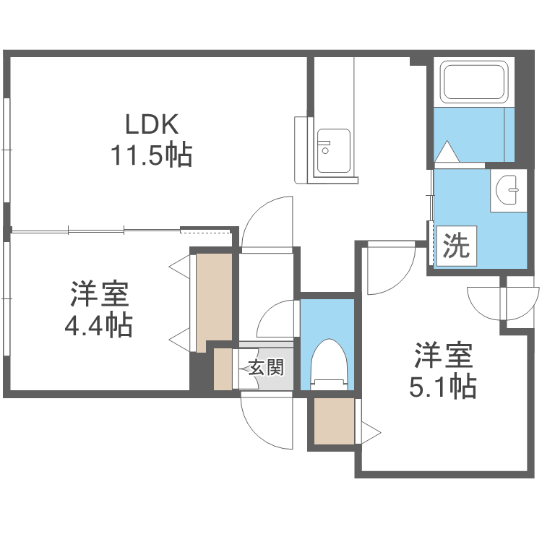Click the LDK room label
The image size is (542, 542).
click(151, 125)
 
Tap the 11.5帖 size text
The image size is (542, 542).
click(151, 155)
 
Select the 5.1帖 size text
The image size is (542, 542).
click(443, 388)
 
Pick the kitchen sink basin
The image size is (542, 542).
click(333, 151)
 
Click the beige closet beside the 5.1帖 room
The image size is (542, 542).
click(335, 421)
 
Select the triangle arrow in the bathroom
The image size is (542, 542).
click(447, 151)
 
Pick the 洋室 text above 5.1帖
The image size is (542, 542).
click(443, 357)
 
